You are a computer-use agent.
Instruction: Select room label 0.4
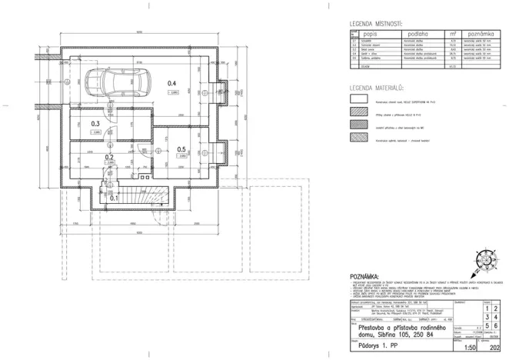coord(174,83)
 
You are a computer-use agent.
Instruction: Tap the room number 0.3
coord(95,123)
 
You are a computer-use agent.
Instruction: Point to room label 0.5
coord(181,149)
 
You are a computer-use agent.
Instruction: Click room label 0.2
coord(110,157)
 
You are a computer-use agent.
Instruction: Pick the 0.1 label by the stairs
coord(114,198)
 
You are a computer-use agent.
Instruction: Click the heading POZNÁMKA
coord(364,275)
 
